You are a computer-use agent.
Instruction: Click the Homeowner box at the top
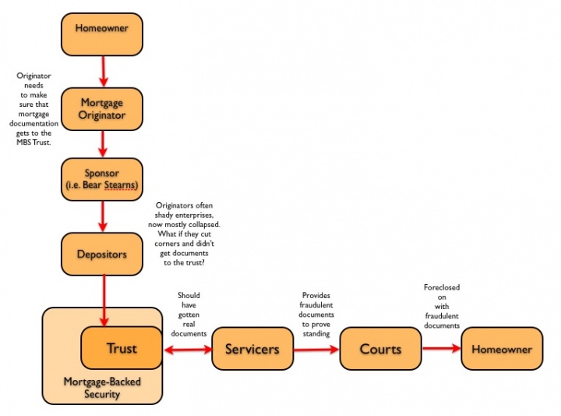point(102,34)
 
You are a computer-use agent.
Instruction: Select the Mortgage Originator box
point(102,109)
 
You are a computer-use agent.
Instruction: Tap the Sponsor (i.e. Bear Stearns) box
point(102,180)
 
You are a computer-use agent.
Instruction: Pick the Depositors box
point(102,254)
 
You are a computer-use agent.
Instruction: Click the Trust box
point(122,348)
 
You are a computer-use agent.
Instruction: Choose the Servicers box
point(252,349)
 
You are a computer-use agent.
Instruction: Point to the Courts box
point(381,349)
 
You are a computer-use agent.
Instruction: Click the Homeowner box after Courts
point(502,349)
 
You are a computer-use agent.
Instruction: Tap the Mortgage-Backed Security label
point(102,388)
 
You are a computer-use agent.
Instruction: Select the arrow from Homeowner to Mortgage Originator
point(104,71)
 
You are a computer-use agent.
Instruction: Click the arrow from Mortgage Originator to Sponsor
point(103,144)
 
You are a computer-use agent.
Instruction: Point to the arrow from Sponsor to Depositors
point(103,216)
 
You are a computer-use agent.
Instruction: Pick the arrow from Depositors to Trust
point(104,300)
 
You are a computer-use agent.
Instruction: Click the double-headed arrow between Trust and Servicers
point(188,350)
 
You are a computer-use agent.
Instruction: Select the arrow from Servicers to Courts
point(316,350)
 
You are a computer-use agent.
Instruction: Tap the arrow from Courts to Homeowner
point(442,348)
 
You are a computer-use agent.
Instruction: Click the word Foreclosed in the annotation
point(442,287)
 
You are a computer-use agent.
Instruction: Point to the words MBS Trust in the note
point(34,142)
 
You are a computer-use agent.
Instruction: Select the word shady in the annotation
point(164,215)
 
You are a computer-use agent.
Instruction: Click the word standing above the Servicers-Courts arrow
point(316,334)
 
